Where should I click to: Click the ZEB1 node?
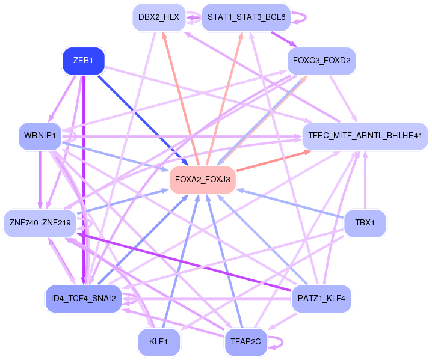[84, 61]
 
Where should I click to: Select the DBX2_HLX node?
[158, 17]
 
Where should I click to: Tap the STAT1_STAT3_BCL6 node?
[246, 17]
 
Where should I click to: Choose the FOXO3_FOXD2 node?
[322, 61]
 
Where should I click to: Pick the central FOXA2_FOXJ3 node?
[202, 179]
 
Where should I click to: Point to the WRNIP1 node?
[40, 136]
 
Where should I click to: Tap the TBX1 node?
[365, 222]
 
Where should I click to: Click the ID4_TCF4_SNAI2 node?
[84, 298]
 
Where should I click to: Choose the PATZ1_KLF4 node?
[321, 298]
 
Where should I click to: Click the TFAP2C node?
[245, 342]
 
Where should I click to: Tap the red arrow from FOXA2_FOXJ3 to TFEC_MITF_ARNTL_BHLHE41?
[274, 160]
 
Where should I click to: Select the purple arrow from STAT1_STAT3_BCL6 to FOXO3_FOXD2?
[282, 38]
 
